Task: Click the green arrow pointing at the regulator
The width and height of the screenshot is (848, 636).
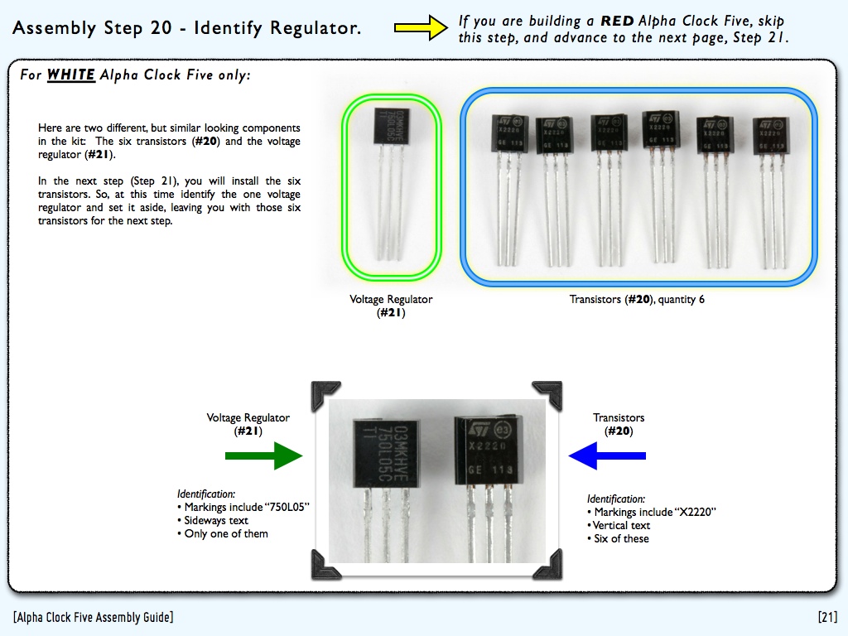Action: (x=264, y=455)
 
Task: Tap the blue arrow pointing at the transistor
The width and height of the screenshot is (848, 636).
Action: (x=607, y=455)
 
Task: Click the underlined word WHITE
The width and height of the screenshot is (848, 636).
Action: (x=71, y=75)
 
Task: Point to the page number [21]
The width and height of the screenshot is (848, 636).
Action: (x=827, y=617)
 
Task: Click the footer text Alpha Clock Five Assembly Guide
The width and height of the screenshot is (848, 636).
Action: (x=94, y=617)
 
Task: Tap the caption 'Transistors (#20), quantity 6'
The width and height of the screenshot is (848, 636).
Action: (x=637, y=300)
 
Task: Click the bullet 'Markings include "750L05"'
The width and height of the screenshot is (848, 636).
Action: (x=243, y=508)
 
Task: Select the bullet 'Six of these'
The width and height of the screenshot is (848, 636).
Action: (x=620, y=539)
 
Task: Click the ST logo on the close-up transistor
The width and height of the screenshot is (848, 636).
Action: (x=477, y=429)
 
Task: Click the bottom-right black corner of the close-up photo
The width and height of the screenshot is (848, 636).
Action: (x=548, y=564)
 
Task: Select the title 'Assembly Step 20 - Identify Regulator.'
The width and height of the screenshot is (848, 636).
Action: (x=187, y=28)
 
